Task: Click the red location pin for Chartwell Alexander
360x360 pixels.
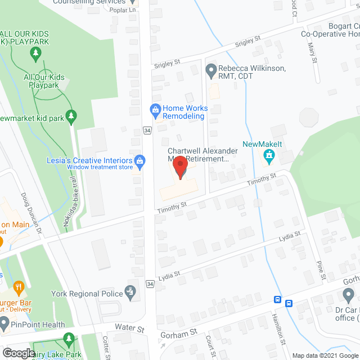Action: coord(180,167)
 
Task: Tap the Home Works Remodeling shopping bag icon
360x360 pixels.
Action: coord(155,109)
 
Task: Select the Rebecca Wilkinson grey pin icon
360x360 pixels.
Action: coord(211,71)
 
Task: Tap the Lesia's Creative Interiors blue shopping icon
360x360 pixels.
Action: coord(141,163)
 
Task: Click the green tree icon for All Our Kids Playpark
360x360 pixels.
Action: coord(37,55)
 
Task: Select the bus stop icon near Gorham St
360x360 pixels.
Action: coord(289,303)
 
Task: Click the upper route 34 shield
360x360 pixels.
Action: coord(147,130)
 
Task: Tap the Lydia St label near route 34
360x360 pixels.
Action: coord(169,274)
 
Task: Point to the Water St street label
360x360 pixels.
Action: coord(129,327)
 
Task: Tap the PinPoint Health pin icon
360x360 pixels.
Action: coord(4,324)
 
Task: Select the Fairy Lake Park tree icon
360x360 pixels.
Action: coord(69,339)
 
